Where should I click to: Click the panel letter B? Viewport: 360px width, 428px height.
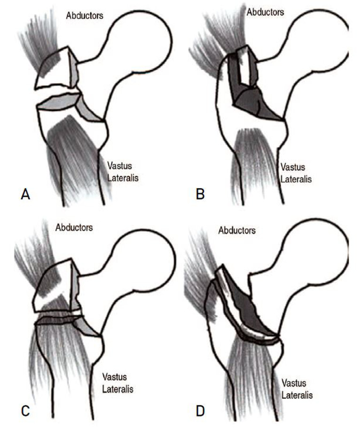pos(200,194)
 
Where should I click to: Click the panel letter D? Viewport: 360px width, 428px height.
pos(200,411)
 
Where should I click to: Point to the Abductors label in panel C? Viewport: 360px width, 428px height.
pos(74,228)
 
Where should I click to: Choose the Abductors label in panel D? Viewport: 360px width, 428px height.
pos(237,230)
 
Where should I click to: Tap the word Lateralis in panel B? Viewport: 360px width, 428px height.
pos(296,178)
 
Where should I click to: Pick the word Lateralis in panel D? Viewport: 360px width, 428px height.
pos(298,390)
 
